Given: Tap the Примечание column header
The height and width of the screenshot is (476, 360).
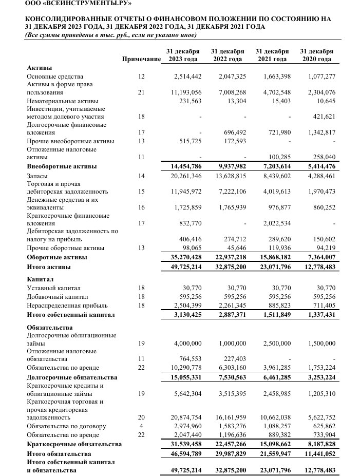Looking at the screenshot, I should tap(141, 59).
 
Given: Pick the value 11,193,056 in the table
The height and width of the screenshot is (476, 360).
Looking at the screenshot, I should tap(186, 93).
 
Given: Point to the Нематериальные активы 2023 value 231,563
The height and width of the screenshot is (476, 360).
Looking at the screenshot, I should tap(188, 101).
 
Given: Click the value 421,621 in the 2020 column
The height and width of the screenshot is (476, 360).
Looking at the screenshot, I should tap(321, 117).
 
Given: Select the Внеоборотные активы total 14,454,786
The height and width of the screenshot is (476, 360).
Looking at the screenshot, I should tap(186, 167).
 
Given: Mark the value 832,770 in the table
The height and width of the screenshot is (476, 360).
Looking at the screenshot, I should tap(188, 223).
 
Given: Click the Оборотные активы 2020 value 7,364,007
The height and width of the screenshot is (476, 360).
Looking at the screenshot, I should tap(319, 257).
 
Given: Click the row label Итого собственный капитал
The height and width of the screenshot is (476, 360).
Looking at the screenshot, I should tap(71, 314).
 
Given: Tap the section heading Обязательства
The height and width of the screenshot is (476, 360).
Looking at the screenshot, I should tap(49, 327).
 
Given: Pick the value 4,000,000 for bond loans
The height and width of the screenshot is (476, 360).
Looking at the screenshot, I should tap(187, 343).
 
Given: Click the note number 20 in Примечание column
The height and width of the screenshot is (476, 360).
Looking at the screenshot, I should tap(141, 418).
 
